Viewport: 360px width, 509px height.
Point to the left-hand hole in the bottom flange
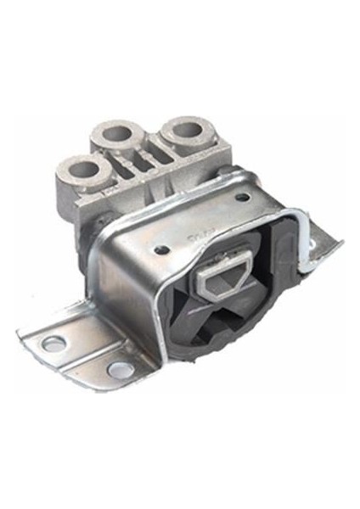click(x=53, y=343)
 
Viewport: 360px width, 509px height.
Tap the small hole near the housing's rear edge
click(x=243, y=198)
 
